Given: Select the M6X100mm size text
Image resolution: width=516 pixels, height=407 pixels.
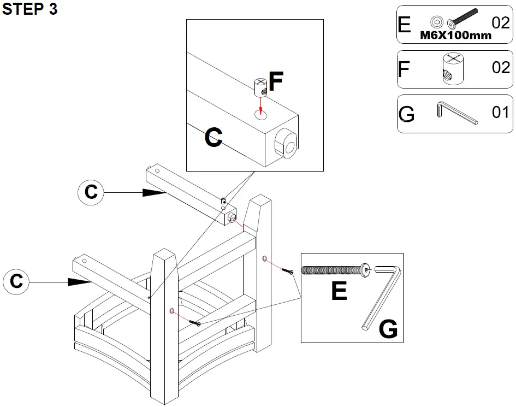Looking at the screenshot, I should coord(455,35).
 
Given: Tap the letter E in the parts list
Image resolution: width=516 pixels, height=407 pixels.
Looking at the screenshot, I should coord(405,24).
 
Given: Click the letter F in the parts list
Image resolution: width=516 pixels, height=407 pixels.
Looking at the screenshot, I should coord(404,69).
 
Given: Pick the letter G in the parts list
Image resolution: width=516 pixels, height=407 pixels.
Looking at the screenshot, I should coord(407,114).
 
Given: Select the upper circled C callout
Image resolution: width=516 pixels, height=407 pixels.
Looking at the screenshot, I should coord(91,192).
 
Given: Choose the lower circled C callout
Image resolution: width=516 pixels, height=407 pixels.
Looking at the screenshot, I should coord(16,281).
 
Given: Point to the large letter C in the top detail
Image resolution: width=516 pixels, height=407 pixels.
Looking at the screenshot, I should coord(213,138).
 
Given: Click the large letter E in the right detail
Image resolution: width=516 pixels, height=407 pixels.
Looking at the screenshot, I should coord(339,291).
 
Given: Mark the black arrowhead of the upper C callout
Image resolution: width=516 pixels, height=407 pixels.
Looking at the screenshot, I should coord(154,192).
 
